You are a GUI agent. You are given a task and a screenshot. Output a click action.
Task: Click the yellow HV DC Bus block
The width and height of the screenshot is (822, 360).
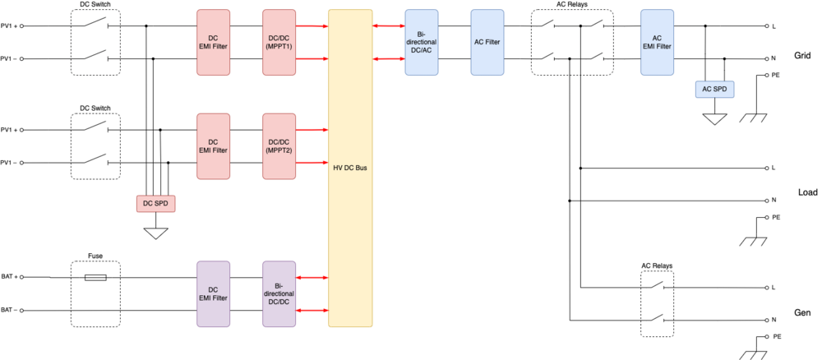point(350,168)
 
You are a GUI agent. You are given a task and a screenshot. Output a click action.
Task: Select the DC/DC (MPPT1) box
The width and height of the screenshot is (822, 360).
point(279,43)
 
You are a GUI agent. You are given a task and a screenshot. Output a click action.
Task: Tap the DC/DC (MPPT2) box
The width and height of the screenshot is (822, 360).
point(279,146)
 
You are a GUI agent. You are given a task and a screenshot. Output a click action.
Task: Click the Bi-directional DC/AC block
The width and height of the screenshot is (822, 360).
point(422,43)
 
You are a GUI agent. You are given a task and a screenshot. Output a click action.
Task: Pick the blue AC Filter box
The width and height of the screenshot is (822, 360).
point(487,43)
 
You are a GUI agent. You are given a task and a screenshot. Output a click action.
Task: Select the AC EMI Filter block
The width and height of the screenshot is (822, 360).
point(657,43)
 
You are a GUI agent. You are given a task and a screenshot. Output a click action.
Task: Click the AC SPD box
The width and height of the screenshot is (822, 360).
point(714,89)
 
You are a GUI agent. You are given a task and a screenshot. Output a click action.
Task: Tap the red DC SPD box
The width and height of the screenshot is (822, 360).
point(155,203)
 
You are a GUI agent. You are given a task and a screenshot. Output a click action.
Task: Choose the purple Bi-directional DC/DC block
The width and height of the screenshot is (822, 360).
point(279,294)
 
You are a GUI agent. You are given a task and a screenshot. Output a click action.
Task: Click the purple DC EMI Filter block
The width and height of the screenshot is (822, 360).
point(213,294)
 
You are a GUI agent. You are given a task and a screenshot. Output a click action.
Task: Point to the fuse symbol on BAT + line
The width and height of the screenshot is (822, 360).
point(95,278)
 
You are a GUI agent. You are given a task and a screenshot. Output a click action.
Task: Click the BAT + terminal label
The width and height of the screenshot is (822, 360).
point(9,278)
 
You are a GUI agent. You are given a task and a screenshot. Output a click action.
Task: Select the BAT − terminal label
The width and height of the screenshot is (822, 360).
point(9,311)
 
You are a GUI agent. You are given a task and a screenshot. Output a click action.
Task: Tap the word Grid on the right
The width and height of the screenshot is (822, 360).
point(802,58)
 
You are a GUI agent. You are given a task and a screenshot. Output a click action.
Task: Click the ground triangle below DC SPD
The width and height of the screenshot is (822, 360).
point(155,233)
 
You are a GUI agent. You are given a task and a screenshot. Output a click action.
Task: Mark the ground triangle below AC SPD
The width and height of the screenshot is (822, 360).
point(714,120)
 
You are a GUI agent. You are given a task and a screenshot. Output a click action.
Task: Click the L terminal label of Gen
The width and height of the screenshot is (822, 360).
point(774,288)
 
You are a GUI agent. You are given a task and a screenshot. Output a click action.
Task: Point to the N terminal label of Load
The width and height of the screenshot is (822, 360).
point(774,200)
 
